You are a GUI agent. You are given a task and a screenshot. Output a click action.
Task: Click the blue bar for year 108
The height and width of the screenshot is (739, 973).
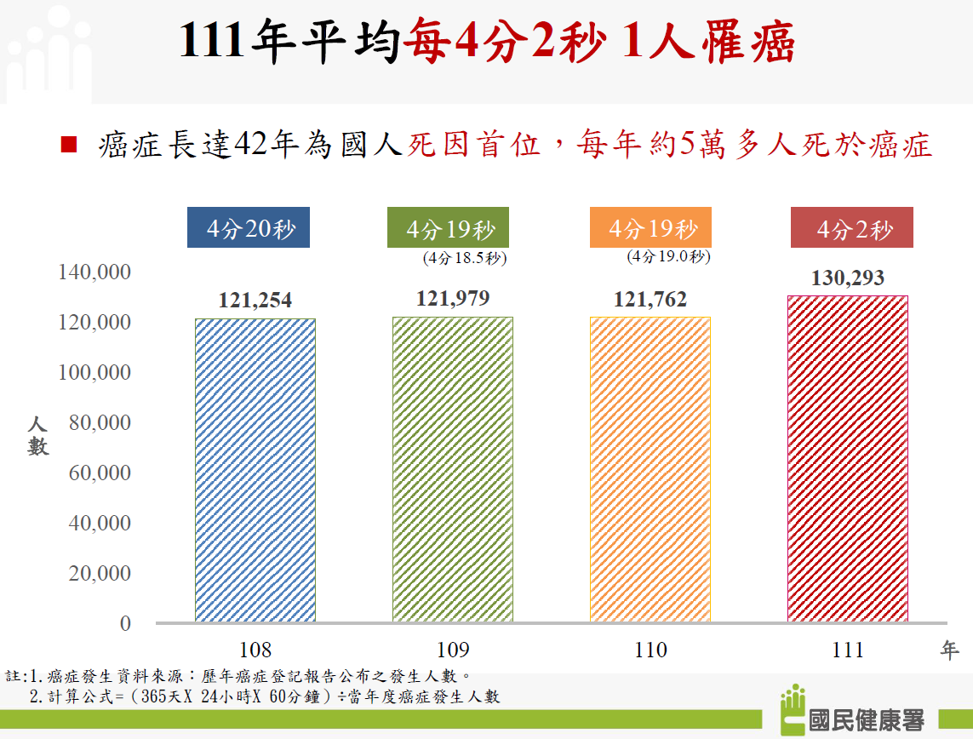click(x=255, y=470)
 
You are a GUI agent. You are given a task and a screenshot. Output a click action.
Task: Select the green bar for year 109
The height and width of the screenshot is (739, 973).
click(x=453, y=469)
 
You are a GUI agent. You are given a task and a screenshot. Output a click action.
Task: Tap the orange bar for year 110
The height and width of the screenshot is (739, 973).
click(x=650, y=469)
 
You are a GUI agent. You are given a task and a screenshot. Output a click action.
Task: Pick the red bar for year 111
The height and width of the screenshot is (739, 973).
click(x=848, y=459)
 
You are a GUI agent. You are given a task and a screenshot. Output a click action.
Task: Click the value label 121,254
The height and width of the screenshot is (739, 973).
click(x=255, y=301)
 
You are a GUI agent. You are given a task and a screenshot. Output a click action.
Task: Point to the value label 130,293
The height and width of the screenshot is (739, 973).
click(x=848, y=278)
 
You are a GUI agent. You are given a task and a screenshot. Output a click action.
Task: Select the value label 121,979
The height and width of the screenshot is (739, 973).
click(x=453, y=299)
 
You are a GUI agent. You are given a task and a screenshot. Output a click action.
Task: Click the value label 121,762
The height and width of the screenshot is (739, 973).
click(x=650, y=300)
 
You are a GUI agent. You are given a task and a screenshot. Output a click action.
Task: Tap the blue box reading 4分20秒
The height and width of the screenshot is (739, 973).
click(x=249, y=228)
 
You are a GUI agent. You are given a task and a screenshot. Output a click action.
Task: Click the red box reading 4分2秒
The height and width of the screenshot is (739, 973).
click(x=852, y=228)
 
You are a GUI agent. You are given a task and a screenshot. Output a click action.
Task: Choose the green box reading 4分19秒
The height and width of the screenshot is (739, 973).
click(x=449, y=228)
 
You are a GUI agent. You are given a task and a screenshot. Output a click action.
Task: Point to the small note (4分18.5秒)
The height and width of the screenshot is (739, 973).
click(x=465, y=257)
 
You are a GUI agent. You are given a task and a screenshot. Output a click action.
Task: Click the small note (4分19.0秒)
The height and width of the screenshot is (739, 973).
click(x=668, y=255)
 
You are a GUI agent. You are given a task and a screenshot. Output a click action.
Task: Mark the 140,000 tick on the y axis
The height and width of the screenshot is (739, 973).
click(x=94, y=272)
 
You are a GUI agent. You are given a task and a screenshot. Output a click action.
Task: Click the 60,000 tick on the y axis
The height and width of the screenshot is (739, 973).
click(x=100, y=473)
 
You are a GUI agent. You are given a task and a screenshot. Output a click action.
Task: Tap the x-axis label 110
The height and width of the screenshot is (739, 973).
click(x=650, y=650)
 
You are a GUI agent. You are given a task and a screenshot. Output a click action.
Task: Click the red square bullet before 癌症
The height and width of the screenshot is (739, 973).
click(x=70, y=145)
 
